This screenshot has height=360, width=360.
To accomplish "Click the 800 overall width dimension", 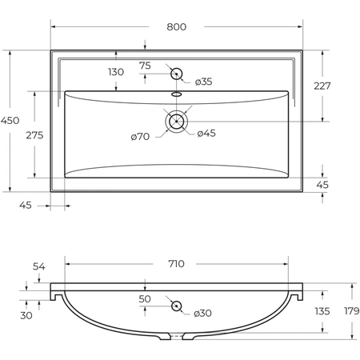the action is [176, 27].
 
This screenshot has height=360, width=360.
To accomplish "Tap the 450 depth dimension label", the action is [10, 121].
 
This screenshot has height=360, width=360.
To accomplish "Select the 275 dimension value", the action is [34, 135].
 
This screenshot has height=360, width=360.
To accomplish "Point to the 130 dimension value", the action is [116, 72].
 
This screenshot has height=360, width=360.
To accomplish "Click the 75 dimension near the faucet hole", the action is [145, 66].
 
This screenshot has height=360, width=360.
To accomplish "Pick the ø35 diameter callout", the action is [203, 82].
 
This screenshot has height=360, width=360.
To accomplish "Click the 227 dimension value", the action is [322, 86].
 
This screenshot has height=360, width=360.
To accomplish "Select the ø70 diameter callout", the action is [140, 137].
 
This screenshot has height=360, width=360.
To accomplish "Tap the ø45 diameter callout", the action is [206, 134].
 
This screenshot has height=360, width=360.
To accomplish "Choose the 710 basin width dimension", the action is [176, 264].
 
